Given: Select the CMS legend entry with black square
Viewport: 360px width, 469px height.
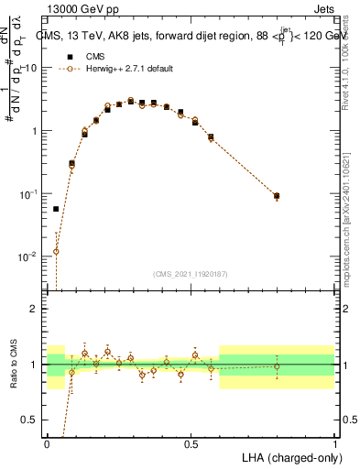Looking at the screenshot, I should tap(86, 56).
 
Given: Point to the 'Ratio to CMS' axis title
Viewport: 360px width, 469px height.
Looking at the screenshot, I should tap(13, 364).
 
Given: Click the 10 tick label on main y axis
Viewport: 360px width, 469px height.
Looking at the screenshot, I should tap(32, 69).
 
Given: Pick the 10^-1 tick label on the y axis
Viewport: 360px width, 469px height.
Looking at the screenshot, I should tap(30, 194).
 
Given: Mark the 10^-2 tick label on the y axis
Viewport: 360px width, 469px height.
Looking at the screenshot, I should tap(30, 257).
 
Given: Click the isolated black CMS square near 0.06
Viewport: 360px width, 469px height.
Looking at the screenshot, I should tap(56, 209).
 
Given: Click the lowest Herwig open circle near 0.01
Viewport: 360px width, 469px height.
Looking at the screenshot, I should tap(56, 251).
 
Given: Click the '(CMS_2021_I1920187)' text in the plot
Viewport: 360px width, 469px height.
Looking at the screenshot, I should tap(191, 273).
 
